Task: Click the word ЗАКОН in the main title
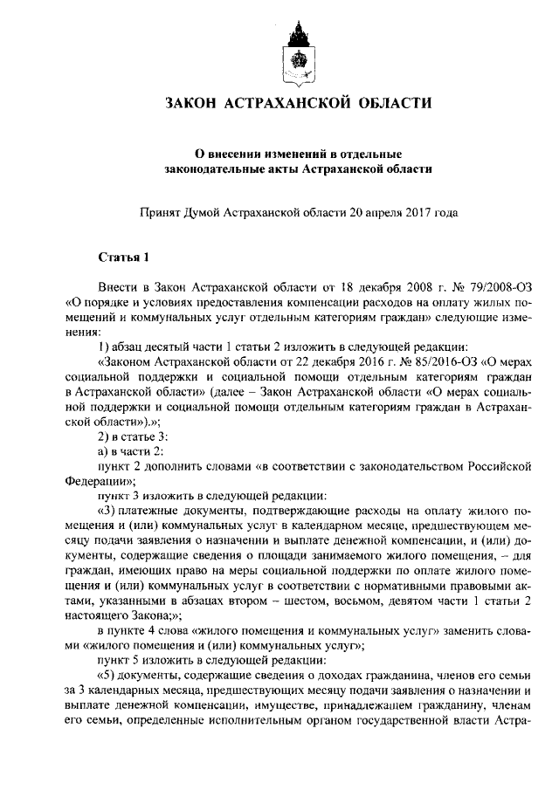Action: coord(195,105)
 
